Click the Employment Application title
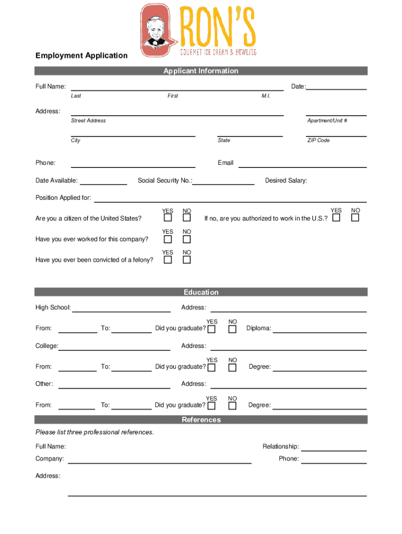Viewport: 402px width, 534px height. [x=81, y=55]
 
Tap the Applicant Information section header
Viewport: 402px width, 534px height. [x=200, y=71]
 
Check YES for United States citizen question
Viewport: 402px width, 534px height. [x=168, y=218]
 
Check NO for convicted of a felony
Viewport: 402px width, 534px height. [x=187, y=260]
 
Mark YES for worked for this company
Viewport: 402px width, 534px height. [x=168, y=239]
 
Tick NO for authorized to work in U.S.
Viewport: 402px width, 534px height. [x=355, y=217]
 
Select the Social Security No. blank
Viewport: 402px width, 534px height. [x=223, y=183]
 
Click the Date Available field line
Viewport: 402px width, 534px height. [x=103, y=183]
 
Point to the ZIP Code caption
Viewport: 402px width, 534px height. [x=318, y=140]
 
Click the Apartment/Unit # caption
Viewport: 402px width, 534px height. [x=327, y=120]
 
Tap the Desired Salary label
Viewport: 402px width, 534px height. [x=286, y=180]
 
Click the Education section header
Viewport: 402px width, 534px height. [x=200, y=292]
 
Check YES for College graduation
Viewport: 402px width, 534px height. [x=211, y=368]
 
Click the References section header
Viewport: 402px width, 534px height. [x=200, y=420]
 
